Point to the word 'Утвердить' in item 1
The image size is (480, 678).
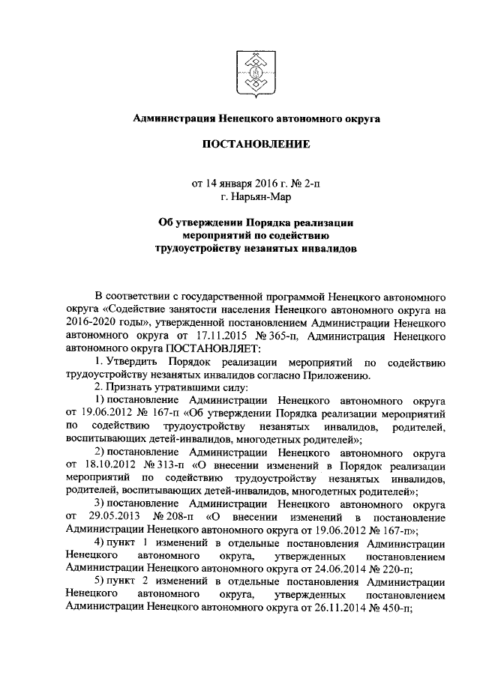[121, 363]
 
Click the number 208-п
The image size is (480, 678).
[172, 518]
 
